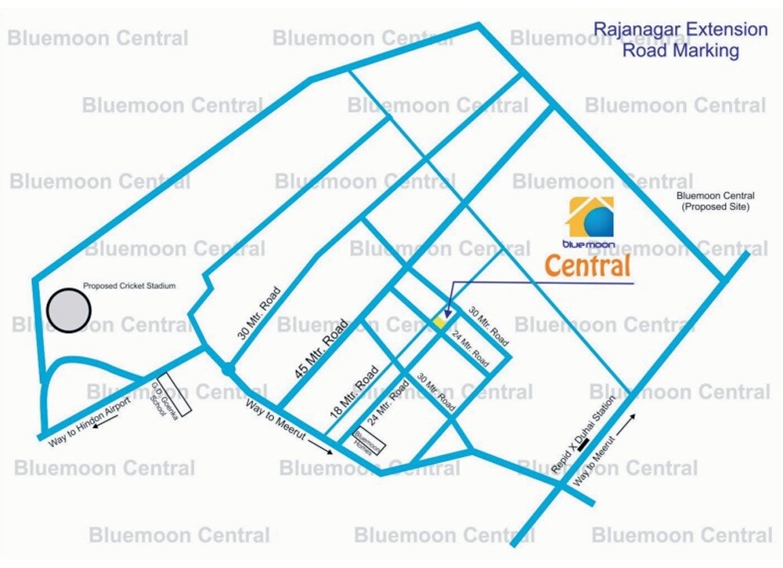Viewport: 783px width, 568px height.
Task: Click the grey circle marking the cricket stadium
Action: tap(69, 310)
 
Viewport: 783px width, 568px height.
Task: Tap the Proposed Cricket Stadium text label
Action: tap(129, 287)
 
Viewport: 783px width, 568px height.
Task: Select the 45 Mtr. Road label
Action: tap(321, 351)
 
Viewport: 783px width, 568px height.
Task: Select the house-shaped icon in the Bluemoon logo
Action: tap(592, 217)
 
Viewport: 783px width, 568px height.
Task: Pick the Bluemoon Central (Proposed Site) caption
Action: tap(715, 201)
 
